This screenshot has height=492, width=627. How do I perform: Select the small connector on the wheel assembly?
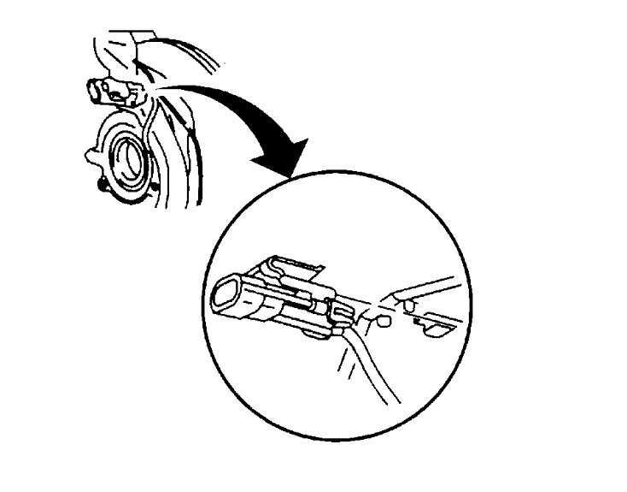103,89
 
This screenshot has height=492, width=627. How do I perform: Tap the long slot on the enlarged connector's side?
304,300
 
